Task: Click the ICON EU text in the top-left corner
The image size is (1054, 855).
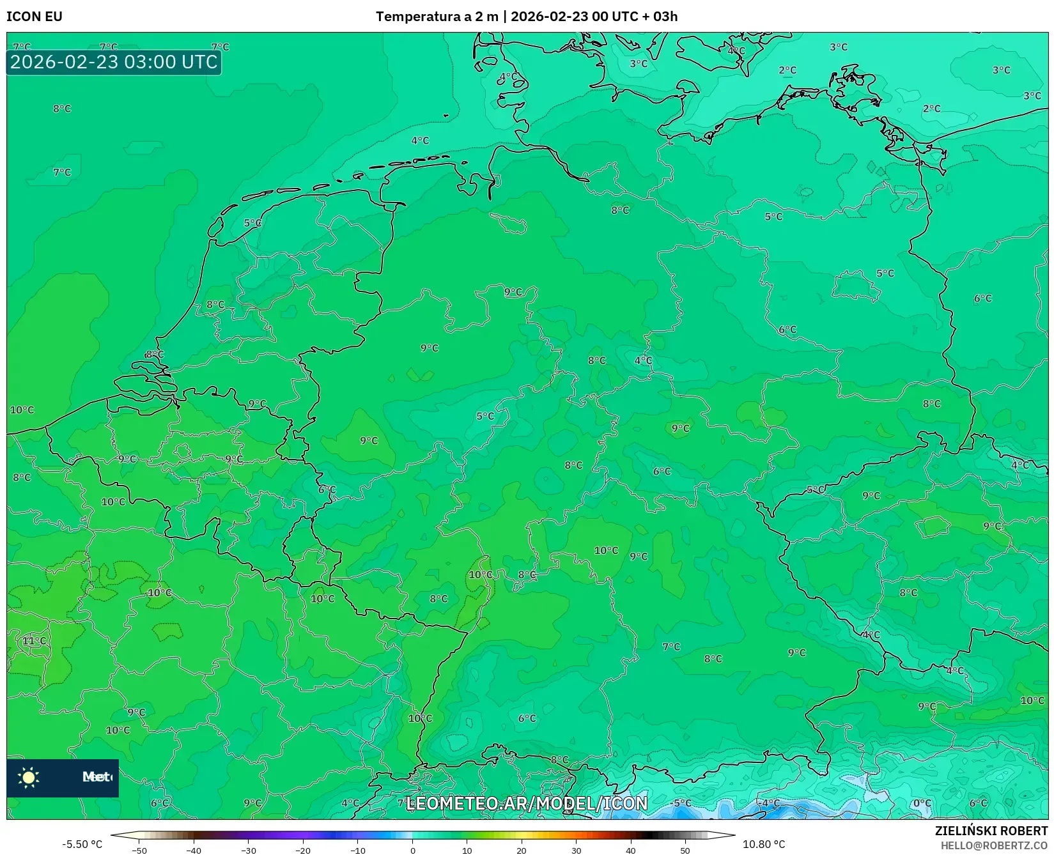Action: (x=35, y=17)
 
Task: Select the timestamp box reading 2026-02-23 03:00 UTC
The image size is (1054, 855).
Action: (x=114, y=62)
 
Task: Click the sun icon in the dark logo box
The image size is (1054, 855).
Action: (x=29, y=777)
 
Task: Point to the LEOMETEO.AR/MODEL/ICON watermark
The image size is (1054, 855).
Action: (x=527, y=803)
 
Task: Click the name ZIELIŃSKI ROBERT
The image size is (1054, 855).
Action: (x=991, y=831)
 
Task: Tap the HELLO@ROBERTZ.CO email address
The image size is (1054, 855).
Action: (x=994, y=845)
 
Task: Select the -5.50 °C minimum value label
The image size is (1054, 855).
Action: (x=82, y=844)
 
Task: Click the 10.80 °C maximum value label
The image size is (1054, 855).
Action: (x=764, y=844)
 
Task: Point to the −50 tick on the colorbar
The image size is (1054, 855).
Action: (x=139, y=851)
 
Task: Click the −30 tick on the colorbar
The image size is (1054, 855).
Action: (x=249, y=851)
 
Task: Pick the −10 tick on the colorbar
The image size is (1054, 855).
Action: (x=358, y=851)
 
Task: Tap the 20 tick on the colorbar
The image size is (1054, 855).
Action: (x=522, y=851)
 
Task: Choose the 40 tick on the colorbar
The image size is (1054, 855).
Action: (x=631, y=851)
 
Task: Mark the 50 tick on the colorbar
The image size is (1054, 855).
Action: (x=685, y=851)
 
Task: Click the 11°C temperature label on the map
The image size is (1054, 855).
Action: (x=35, y=641)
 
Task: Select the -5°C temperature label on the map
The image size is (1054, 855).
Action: (x=682, y=803)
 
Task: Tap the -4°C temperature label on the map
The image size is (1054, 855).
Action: (x=770, y=803)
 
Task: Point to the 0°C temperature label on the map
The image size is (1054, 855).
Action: (x=922, y=804)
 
